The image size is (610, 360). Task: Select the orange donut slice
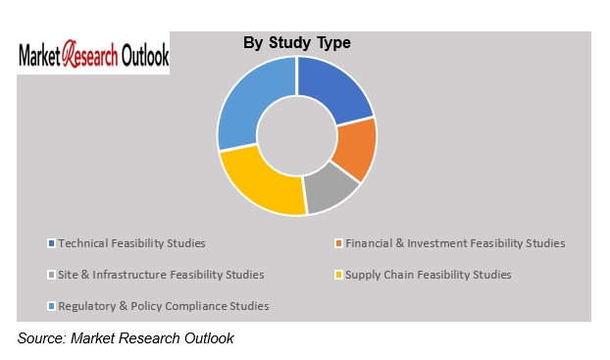pyautogui.click(x=355, y=149)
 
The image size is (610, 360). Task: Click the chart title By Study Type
pyautogui.click(x=296, y=43)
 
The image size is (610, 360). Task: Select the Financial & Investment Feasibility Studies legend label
pyautogui.click(x=453, y=242)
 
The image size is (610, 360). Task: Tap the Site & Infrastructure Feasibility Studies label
pyautogui.click(x=161, y=275)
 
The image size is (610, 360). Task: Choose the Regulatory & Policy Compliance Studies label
pyautogui.click(x=163, y=306)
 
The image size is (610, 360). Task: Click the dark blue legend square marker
pyautogui.click(x=51, y=243)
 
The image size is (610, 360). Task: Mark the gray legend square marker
pyautogui.click(x=51, y=275)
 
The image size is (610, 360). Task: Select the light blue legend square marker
pyautogui.click(x=51, y=307)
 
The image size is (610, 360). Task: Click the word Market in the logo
pyautogui.click(x=40, y=56)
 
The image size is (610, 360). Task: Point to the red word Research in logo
pyautogui.click(x=90, y=56)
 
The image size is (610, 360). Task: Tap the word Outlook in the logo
pyautogui.click(x=144, y=56)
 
